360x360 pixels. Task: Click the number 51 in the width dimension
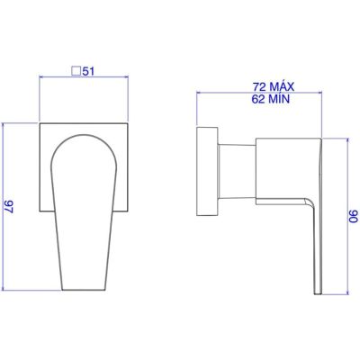tap(90, 71)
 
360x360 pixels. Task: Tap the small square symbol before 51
tap(77, 71)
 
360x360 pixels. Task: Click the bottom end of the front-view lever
tap(86, 290)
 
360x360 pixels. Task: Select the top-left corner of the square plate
tap(40, 119)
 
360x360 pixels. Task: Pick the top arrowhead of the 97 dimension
tap(6, 121)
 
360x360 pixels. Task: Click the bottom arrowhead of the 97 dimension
tap(6, 290)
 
